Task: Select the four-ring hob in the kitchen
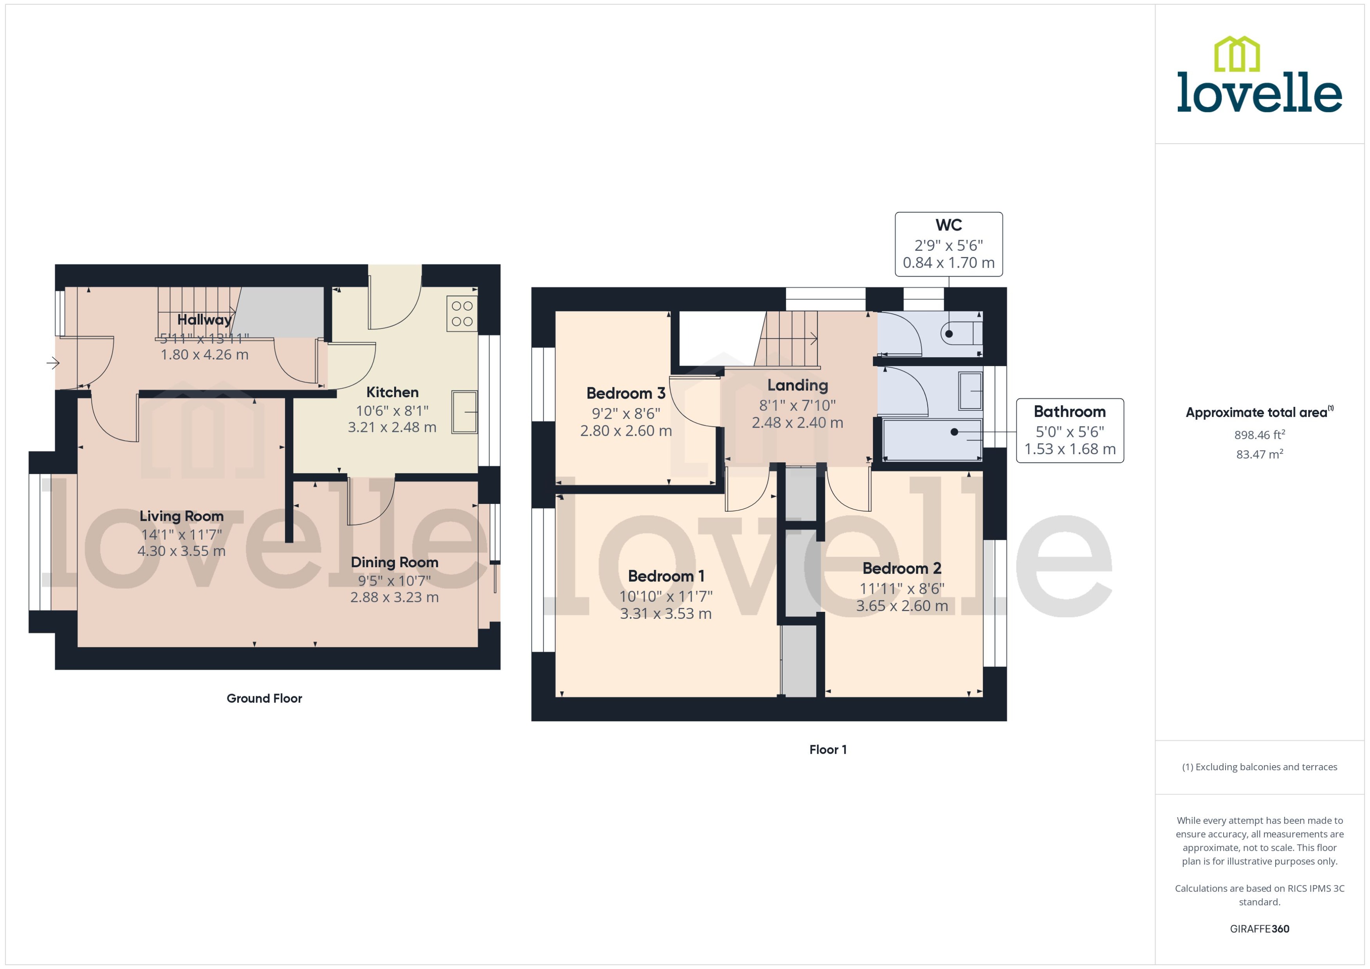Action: [x=462, y=314]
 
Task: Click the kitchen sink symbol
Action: [x=464, y=412]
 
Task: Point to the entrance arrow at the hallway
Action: [x=53, y=363]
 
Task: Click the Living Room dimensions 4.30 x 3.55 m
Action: [x=182, y=551]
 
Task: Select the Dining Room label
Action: [x=395, y=563]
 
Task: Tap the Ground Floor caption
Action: [x=264, y=699]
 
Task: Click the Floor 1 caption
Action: [x=827, y=750]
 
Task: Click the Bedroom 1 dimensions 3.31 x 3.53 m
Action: [x=665, y=614]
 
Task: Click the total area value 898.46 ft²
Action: [x=1259, y=435]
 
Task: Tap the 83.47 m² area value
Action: [x=1259, y=455]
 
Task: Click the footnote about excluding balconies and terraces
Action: [x=1259, y=767]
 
